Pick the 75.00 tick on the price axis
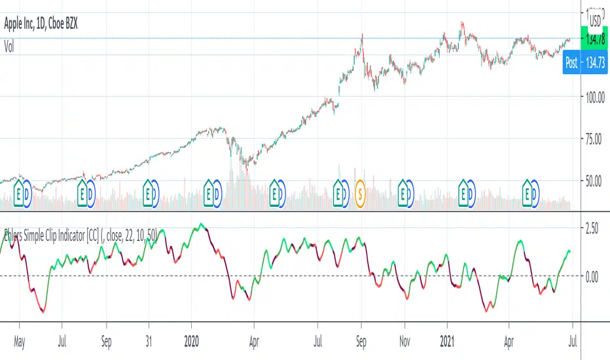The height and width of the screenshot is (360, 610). pos(592,139)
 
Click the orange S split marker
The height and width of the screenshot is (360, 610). pos(359,194)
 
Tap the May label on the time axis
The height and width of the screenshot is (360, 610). pos(19,341)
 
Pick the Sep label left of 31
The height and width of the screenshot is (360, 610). pos(107,341)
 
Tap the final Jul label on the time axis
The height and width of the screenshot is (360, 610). pos(575,341)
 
